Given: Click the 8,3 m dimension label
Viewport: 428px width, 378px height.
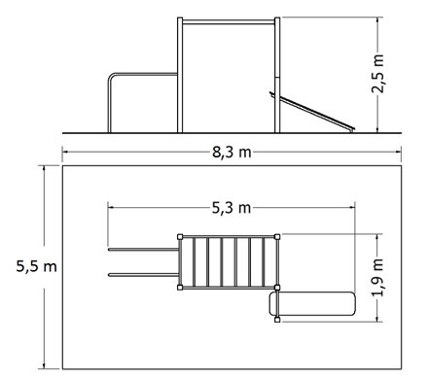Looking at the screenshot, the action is (x=232, y=152).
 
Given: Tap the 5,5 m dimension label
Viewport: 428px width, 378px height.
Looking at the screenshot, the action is (x=37, y=267).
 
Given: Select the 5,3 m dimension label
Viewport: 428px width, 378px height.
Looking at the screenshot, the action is (x=232, y=208).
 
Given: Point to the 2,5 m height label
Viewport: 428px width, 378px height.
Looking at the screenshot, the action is (x=378, y=74).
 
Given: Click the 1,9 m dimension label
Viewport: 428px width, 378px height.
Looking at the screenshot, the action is (x=378, y=278).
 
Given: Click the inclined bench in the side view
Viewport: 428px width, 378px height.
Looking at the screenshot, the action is (x=312, y=112).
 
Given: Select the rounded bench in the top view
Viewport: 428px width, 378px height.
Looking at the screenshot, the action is (x=312, y=304).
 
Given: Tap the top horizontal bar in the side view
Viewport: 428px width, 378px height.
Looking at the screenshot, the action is (x=229, y=22).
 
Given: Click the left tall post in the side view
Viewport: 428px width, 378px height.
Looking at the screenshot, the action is (x=180, y=75).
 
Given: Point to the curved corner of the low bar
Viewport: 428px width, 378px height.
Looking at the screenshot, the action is (x=111, y=76).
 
